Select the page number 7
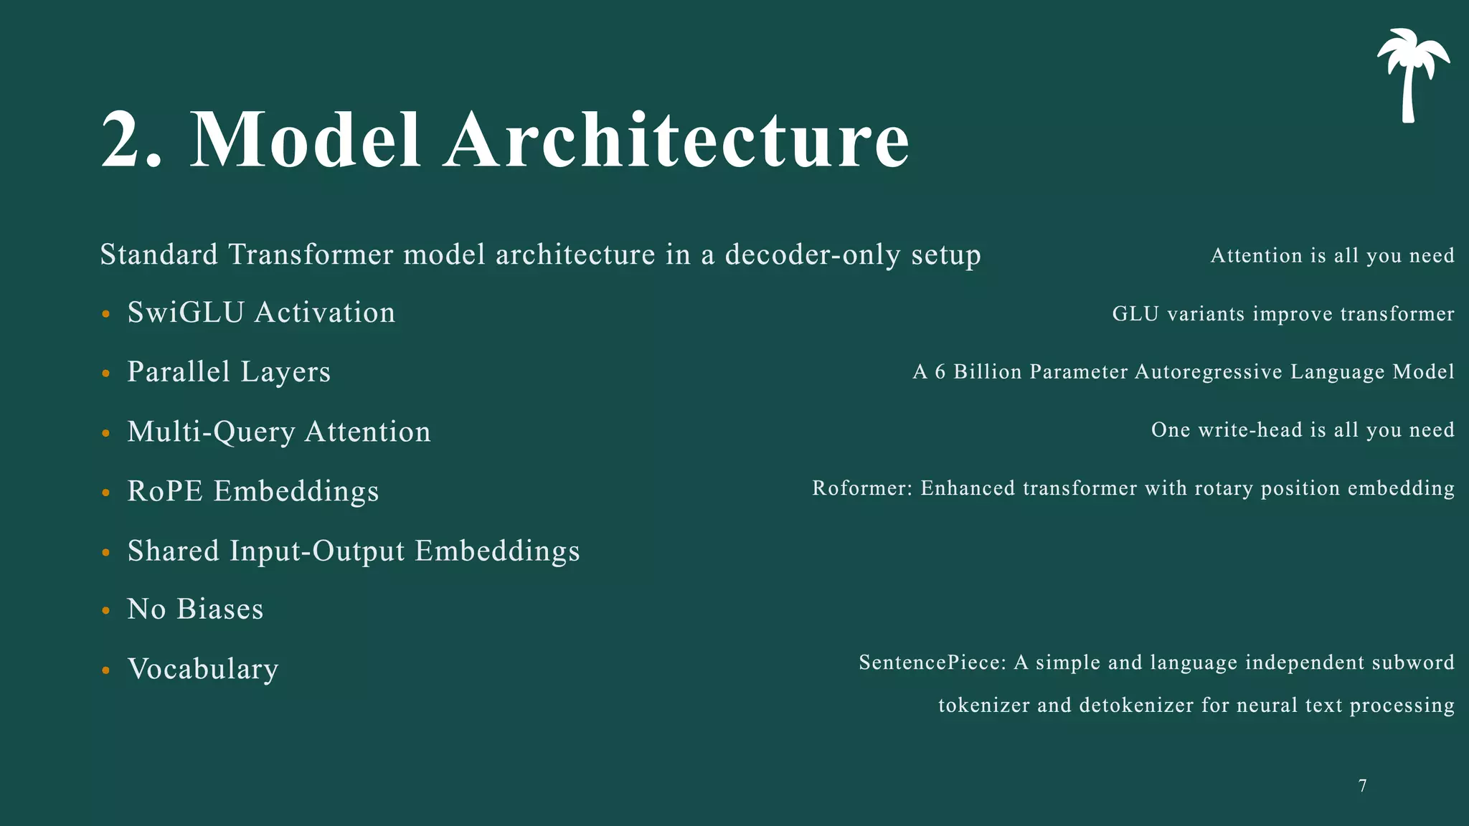pos(1362,786)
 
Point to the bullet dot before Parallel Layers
pos(106,374)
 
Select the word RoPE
pos(165,492)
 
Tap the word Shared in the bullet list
pos(173,551)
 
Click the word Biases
pos(219,609)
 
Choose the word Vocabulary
pos(203,670)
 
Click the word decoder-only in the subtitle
pos(813,255)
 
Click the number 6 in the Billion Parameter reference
pos(940,372)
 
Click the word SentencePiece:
pos(932,663)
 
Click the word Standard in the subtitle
pos(159,255)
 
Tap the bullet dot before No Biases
pos(106,611)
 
